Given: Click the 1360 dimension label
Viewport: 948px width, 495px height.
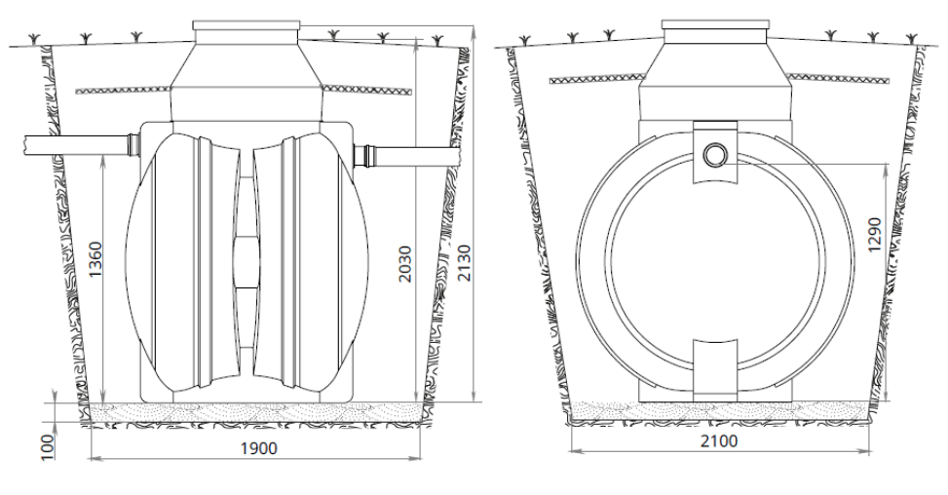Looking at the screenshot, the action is [x=95, y=259].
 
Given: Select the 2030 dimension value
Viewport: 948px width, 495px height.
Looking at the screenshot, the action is [x=404, y=263].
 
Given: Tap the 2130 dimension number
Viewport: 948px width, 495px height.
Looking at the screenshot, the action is [x=464, y=263].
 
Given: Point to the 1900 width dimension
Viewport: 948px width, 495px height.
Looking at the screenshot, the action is [x=259, y=448].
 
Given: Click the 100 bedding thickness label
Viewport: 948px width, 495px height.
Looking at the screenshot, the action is [x=48, y=446].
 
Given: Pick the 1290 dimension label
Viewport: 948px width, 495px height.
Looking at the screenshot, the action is [x=876, y=235].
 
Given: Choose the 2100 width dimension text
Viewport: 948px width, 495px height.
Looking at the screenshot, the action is [x=719, y=440].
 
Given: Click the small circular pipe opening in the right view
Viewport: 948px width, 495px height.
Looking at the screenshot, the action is [x=714, y=155].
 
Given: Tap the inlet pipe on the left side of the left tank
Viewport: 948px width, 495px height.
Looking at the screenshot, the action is [x=77, y=144].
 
